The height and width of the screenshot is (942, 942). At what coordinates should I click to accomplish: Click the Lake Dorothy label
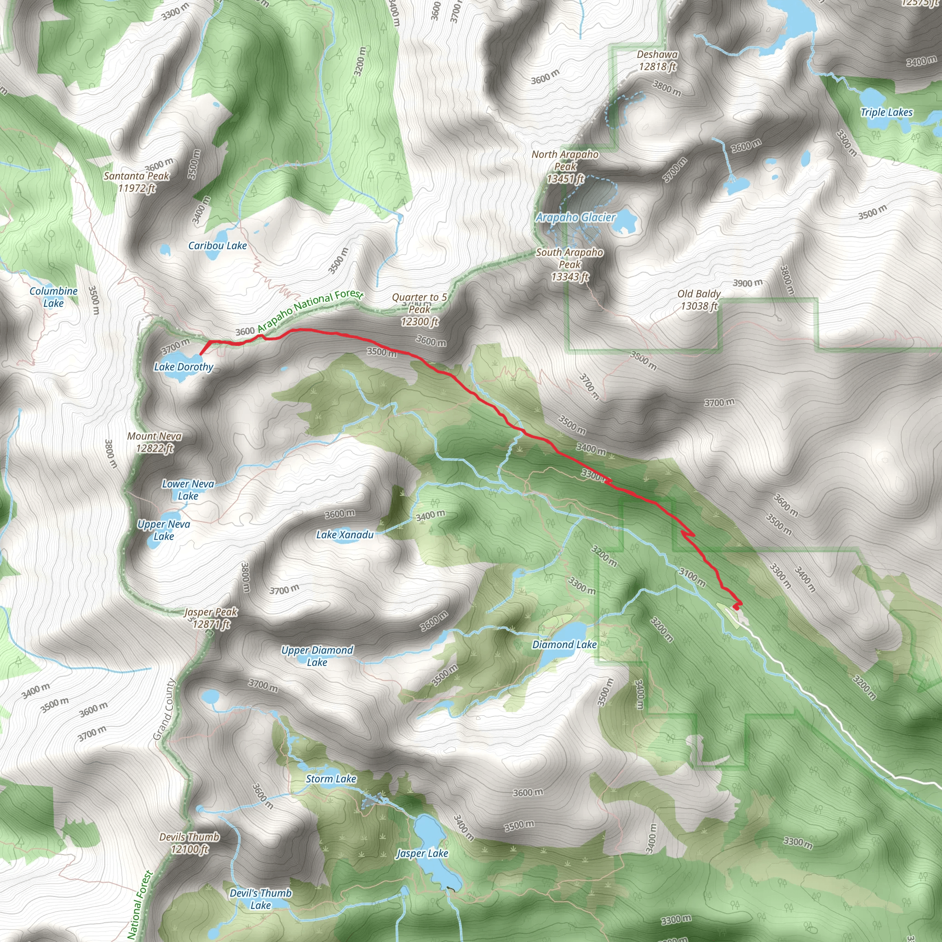click(x=184, y=367)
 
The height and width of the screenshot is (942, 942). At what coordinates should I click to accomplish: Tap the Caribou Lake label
click(x=218, y=246)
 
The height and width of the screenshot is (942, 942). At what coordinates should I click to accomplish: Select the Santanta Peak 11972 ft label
click(x=137, y=182)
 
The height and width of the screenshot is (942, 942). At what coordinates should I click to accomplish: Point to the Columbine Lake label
click(x=54, y=297)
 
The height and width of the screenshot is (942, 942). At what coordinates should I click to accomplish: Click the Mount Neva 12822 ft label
click(x=155, y=442)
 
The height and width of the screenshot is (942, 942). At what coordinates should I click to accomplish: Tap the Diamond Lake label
click(x=564, y=644)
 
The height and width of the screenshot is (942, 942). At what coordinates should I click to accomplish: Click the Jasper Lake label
click(x=422, y=853)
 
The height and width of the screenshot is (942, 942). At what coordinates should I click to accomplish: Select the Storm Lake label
click(x=331, y=779)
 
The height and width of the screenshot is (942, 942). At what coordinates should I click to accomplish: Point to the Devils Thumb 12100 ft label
click(x=190, y=843)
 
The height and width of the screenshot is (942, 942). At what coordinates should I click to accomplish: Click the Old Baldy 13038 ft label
click(x=699, y=300)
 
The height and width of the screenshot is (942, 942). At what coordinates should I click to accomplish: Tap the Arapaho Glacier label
click(x=575, y=218)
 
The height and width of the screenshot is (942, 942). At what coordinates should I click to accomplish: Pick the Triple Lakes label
click(x=886, y=113)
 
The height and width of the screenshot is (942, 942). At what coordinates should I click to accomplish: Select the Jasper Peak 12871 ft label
click(x=211, y=618)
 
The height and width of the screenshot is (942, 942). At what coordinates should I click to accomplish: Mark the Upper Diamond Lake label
click(x=317, y=656)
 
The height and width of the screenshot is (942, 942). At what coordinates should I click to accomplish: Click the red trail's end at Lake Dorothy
click(x=201, y=354)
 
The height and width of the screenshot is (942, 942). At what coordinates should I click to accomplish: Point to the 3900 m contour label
click(x=747, y=283)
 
